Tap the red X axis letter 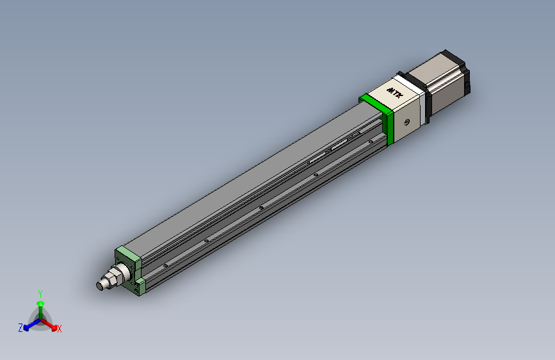pos(60,329)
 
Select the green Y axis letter pos(40,293)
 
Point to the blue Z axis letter pos(20,327)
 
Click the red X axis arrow pos(51,323)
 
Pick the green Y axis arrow pos(40,306)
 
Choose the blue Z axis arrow pos(29,324)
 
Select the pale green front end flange pos(127,259)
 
